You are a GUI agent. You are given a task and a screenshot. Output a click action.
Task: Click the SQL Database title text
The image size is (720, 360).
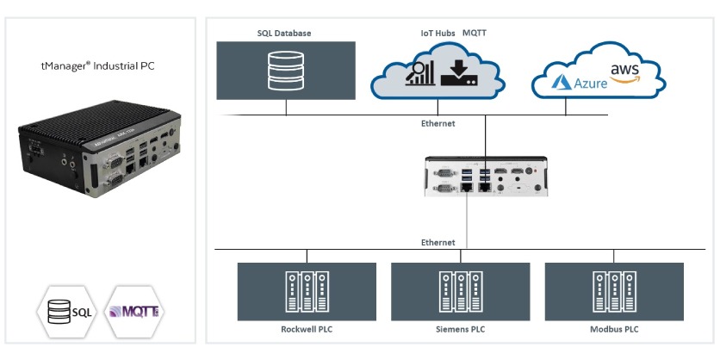pos(284,34)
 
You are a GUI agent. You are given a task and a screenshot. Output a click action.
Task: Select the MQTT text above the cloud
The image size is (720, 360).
pos(473,34)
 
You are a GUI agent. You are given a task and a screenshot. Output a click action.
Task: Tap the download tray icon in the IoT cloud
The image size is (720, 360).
pos(458,73)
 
